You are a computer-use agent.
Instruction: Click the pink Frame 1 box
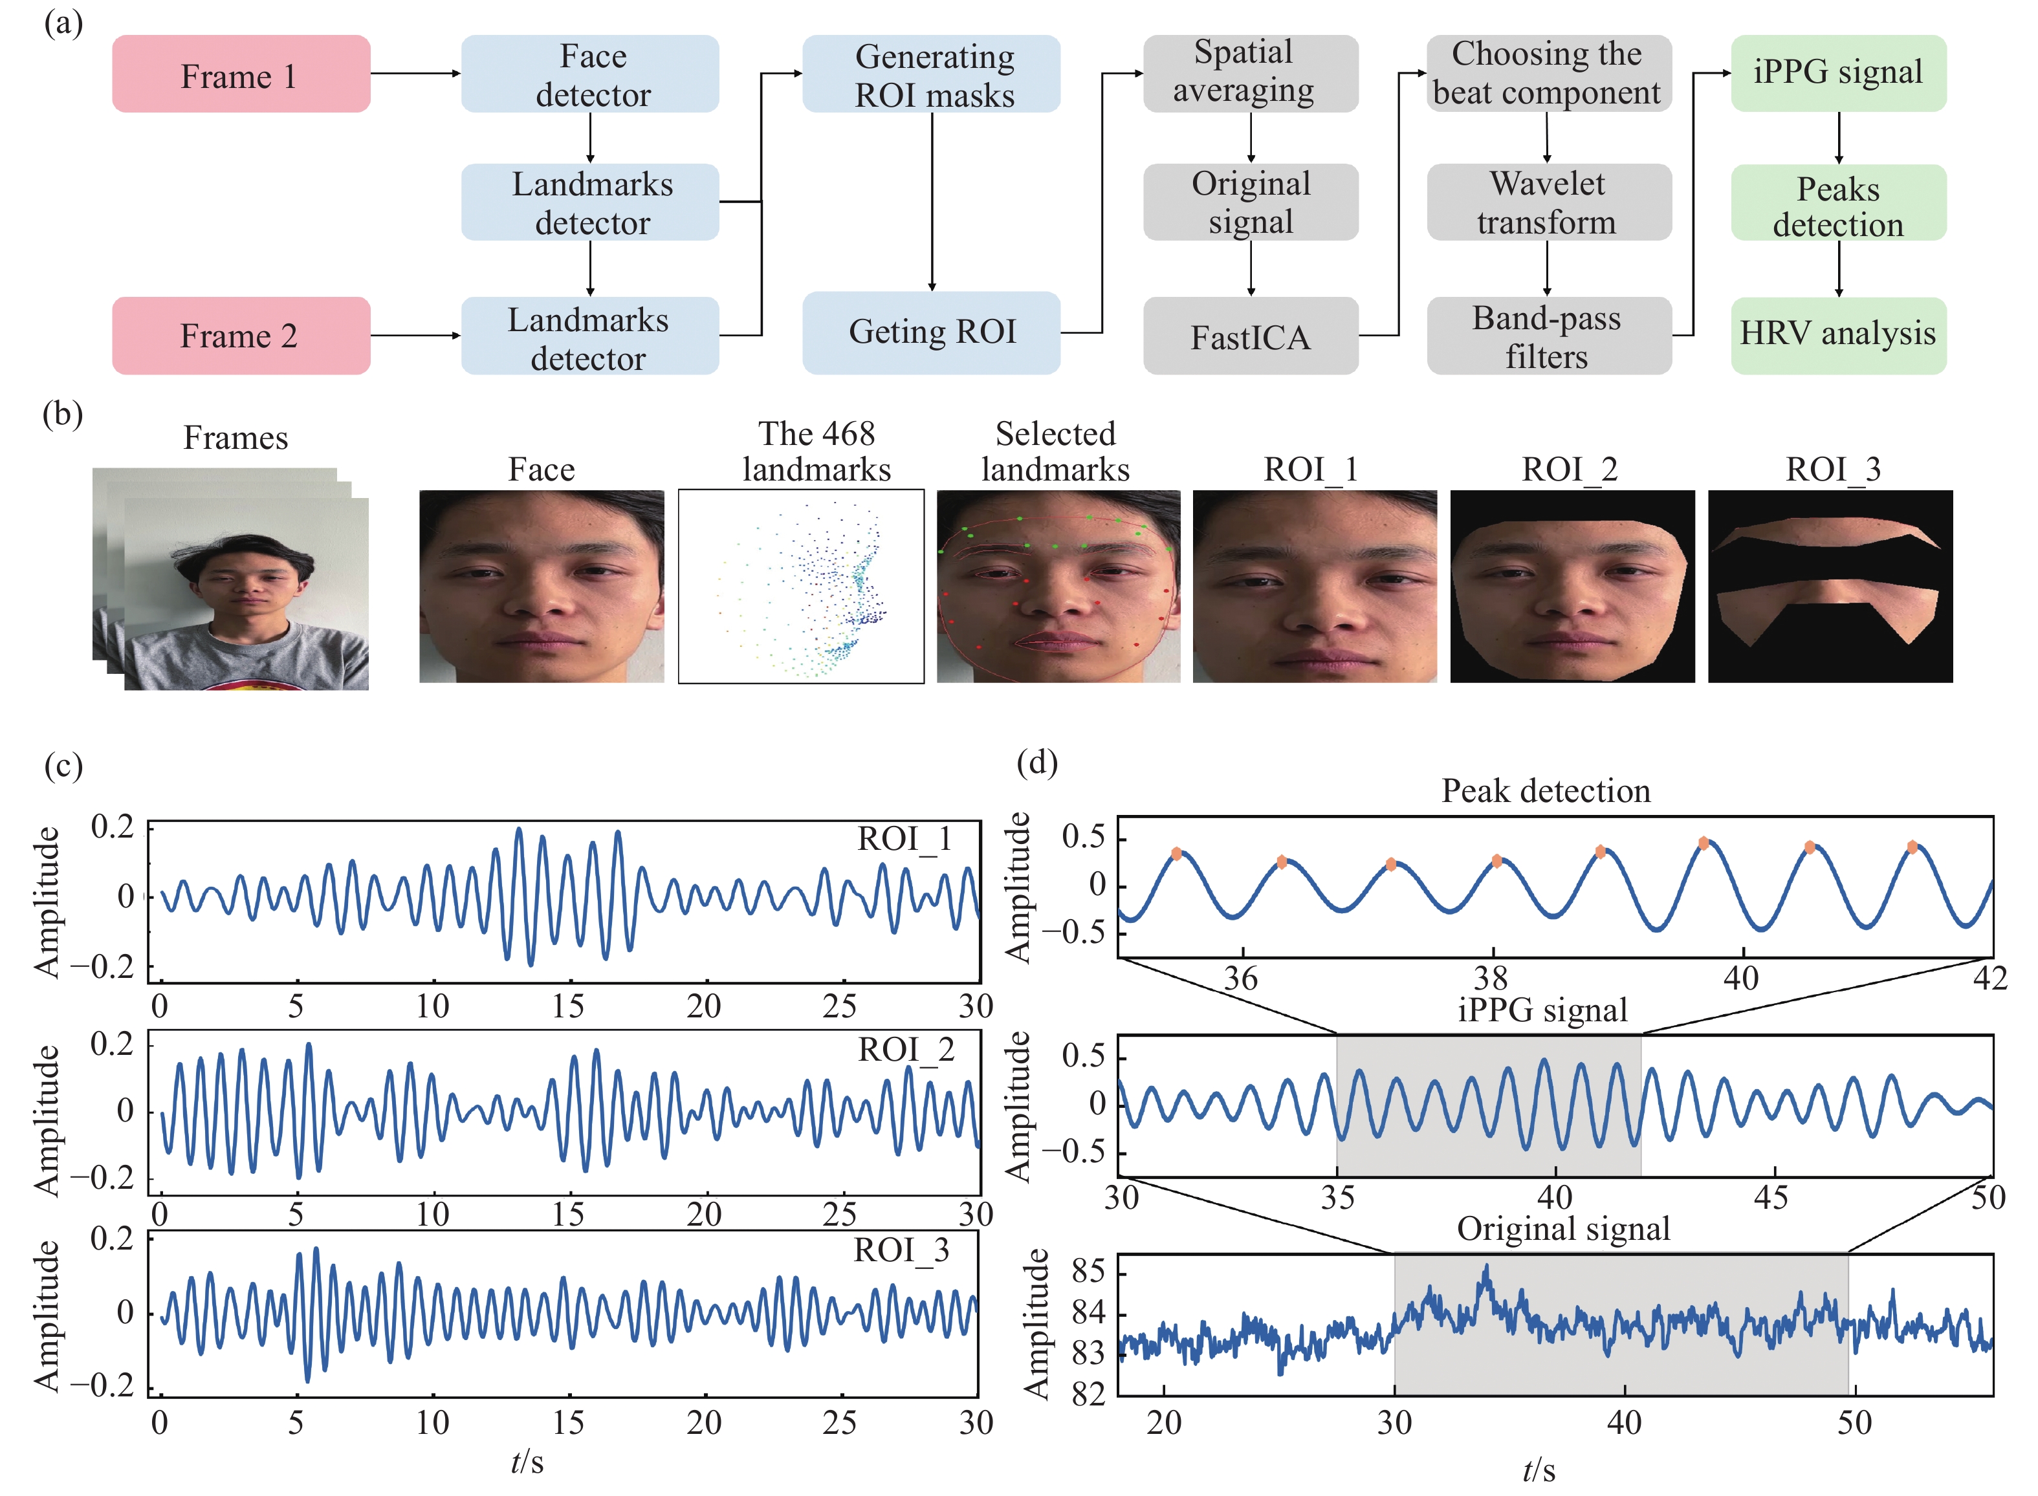tap(241, 74)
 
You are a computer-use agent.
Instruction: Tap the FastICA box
tap(1250, 336)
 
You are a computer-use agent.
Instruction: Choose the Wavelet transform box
tap(1549, 202)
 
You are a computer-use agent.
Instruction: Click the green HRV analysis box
tap(1838, 336)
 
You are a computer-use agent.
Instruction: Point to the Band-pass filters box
tap(1549, 336)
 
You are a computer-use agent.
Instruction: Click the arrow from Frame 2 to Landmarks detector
tap(416, 336)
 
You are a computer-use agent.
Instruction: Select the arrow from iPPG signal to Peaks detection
tap(1839, 138)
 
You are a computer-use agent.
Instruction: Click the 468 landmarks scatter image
tap(802, 586)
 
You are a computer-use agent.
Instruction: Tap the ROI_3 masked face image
tap(1830, 586)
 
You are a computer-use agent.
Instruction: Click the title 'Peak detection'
tap(1546, 790)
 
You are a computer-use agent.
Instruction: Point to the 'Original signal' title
tap(1563, 1229)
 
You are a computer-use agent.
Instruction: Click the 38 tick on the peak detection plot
tap(1491, 978)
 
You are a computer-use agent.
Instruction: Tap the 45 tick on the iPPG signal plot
tap(1771, 1197)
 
